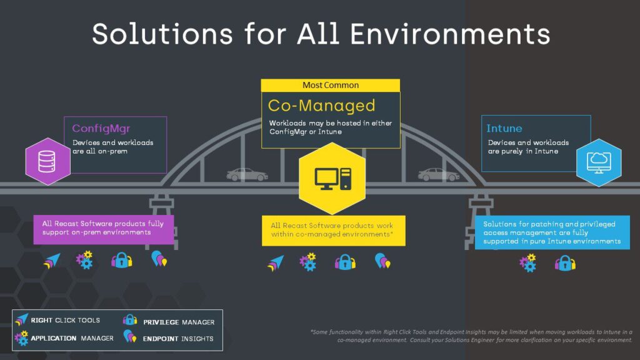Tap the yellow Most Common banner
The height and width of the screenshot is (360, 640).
coord(331,85)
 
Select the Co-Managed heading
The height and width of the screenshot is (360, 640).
coord(321,105)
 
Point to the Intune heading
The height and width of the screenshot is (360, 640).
coord(504,128)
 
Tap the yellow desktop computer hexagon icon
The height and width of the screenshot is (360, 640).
coord(332,178)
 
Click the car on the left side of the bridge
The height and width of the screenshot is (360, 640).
coord(247,174)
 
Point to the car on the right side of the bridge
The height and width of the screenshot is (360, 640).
coord(438,174)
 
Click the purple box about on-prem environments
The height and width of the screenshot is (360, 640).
coord(103,228)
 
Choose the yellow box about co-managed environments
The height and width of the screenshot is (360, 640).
coord(332,231)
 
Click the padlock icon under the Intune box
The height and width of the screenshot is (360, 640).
coord(565,263)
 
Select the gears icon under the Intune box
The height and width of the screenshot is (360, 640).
coord(528,262)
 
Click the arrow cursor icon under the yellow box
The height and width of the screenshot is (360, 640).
coord(275,262)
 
